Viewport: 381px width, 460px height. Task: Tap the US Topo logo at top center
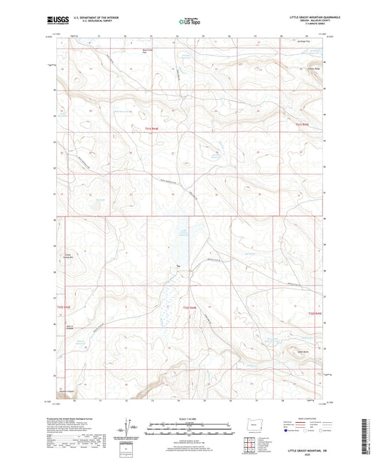(188, 22)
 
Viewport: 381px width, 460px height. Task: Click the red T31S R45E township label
(305, 124)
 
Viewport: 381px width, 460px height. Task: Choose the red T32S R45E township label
(315, 312)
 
